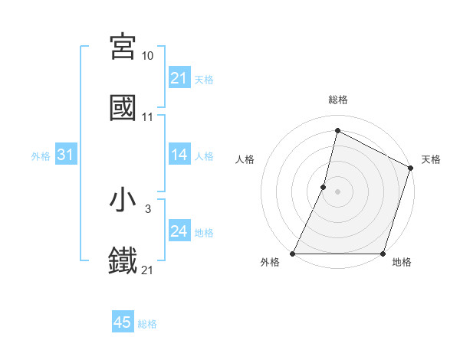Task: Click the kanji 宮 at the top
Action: [x=123, y=47]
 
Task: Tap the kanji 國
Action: [x=123, y=108]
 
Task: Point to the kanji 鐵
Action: [x=123, y=260]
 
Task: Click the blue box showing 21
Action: [x=179, y=78]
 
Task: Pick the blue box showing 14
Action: [x=179, y=155]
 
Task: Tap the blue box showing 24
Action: [x=179, y=232]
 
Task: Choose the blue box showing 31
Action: [x=66, y=155]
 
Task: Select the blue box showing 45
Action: [x=123, y=323]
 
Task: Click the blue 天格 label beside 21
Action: [x=204, y=79]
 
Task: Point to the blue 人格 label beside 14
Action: [x=204, y=156]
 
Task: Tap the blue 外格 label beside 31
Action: [x=41, y=156]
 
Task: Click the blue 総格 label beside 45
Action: [x=147, y=324]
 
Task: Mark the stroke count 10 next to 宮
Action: [x=147, y=56]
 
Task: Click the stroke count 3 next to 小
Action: [x=147, y=208]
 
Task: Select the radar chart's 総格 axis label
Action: [x=337, y=100]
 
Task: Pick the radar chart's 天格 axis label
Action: [x=431, y=159]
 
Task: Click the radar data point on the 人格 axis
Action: [x=324, y=187]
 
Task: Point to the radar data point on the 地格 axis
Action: [x=383, y=254]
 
